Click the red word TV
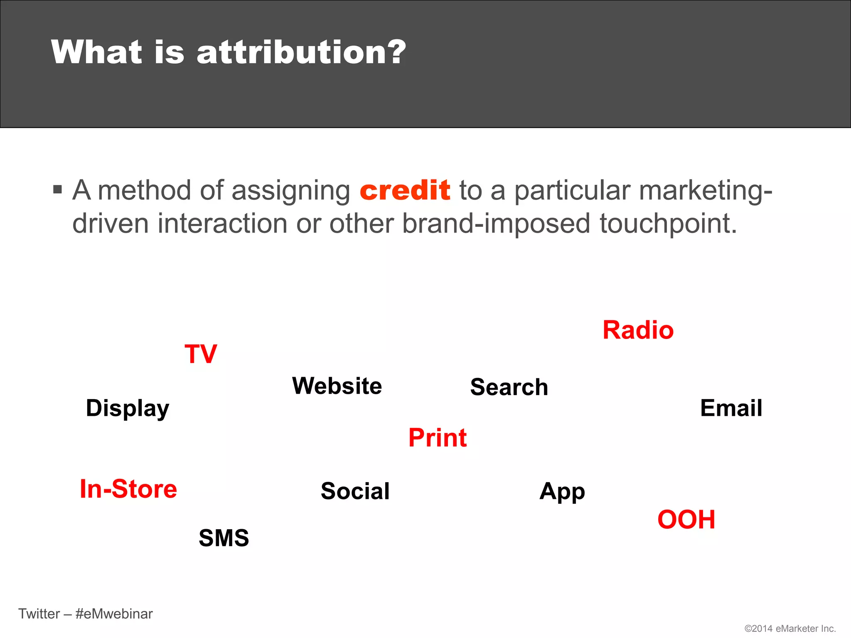pyautogui.click(x=201, y=354)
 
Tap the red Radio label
pyautogui.click(x=638, y=331)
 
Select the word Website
pyautogui.click(x=337, y=386)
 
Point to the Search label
pyautogui.click(x=509, y=387)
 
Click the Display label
pyautogui.click(x=128, y=408)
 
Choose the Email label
pyautogui.click(x=731, y=408)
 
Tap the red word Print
pyautogui.click(x=438, y=438)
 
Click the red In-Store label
pyautogui.click(x=128, y=489)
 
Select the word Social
pyautogui.click(x=355, y=491)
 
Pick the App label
pyautogui.click(x=562, y=492)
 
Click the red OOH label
pyautogui.click(x=686, y=520)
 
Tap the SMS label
pyautogui.click(x=224, y=538)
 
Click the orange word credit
pyautogui.click(x=405, y=190)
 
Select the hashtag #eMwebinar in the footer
pyautogui.click(x=114, y=614)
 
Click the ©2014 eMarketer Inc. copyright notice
pyautogui.click(x=790, y=628)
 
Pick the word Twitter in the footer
pyautogui.click(x=39, y=614)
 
